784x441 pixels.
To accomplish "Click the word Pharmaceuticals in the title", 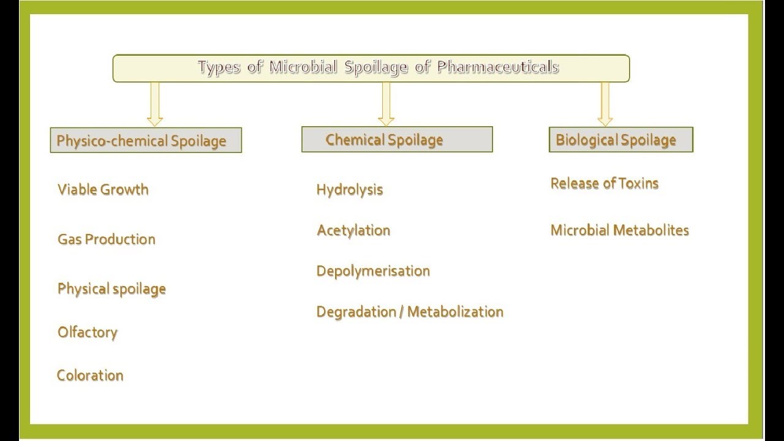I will pos(497,67).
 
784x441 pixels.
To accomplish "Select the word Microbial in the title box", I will pos(303,67).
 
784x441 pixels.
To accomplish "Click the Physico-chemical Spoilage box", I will pos(146,140).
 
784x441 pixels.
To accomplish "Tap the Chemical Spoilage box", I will pos(397,140).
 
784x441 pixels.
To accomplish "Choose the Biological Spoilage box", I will pos(620,140).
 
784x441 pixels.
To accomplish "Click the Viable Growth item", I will pos(103,189).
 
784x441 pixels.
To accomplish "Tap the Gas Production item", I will pos(107,239).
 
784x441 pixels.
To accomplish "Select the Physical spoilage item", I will pos(111,288).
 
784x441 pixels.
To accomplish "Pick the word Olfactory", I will pos(88,332).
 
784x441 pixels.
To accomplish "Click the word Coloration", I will pos(90,375).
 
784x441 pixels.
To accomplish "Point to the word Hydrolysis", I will pos(350,189).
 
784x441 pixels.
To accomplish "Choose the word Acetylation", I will pos(353,230).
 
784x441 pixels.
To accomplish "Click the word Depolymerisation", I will pos(373,271).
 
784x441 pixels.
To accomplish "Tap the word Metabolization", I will pos(455,311).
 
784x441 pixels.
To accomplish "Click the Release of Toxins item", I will pos(605,183).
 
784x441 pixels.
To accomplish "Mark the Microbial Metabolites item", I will pos(620,230).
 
